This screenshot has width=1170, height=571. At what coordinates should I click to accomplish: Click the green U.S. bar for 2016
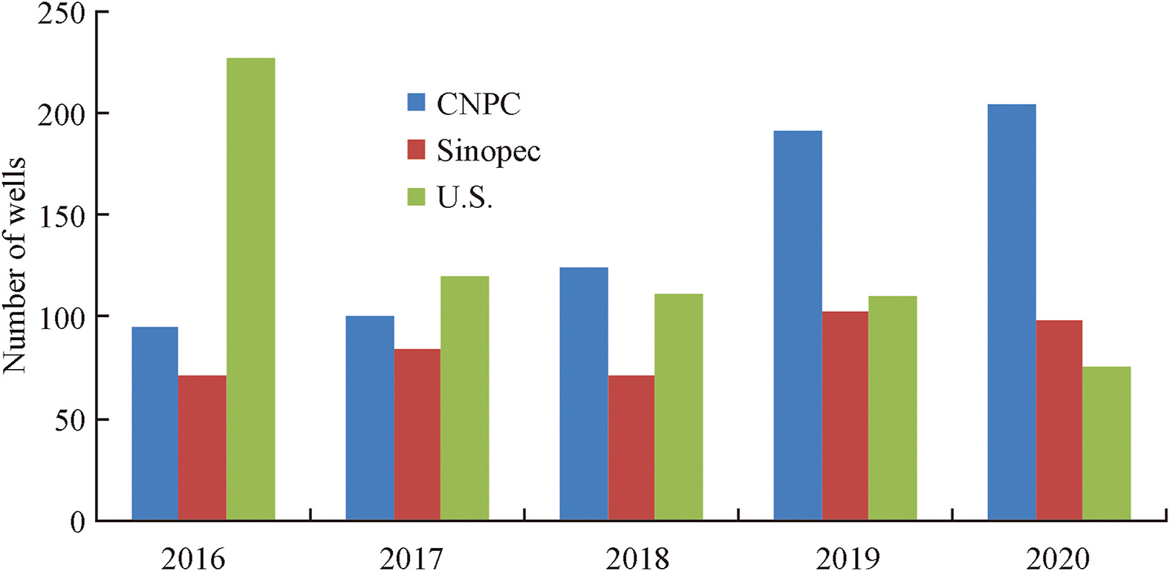point(250,289)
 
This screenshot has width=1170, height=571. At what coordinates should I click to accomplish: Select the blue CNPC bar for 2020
point(1012,312)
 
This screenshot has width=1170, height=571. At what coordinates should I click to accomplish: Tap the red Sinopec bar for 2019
point(845,416)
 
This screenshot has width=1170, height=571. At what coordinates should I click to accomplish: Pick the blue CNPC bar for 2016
point(155,423)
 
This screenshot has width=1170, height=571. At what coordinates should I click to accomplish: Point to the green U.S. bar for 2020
point(1107,443)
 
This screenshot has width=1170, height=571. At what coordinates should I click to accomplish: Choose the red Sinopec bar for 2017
point(417,434)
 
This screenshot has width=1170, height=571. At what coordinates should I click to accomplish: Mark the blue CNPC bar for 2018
point(584,394)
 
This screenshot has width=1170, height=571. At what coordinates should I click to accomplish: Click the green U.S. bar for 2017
point(464,398)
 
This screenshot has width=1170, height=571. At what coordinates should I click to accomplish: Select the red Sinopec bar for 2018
point(631,448)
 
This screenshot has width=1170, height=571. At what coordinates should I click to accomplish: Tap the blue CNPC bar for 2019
point(798,325)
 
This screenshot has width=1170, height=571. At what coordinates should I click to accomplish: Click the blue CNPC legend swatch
point(416,102)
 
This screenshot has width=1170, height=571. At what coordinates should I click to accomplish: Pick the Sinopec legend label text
point(488,151)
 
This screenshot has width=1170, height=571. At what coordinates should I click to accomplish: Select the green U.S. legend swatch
point(416,197)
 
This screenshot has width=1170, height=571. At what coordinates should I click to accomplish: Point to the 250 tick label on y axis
point(62,13)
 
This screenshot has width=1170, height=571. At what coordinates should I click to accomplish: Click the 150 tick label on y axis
point(62,215)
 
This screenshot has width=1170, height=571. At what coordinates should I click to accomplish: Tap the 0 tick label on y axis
point(77,521)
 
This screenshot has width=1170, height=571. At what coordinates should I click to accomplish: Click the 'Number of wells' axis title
point(15,265)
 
